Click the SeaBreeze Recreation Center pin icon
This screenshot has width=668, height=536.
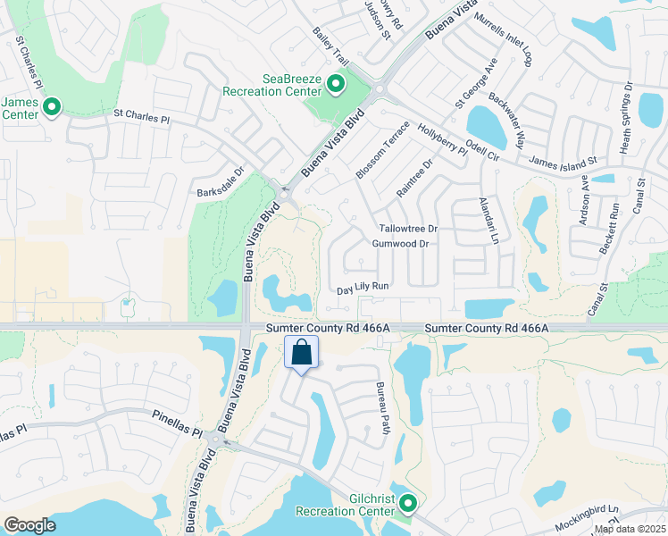(336, 86)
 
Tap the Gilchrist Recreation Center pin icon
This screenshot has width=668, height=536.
(408, 504)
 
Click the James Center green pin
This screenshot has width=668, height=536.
(51, 109)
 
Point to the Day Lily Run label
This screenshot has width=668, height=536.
(363, 288)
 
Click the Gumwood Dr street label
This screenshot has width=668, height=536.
(401, 244)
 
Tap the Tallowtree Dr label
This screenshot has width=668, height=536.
(408, 229)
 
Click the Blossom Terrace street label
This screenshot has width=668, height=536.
(381, 149)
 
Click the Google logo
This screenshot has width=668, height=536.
(30, 525)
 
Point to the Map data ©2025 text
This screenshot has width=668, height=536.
(630, 529)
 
